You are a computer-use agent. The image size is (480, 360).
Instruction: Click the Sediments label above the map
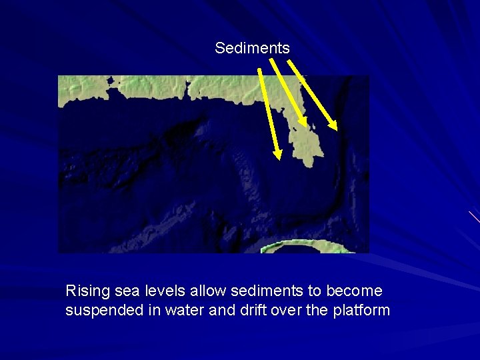pos(252,48)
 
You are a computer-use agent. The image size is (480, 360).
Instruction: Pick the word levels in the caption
pos(161,291)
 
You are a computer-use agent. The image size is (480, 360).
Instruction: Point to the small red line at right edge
pos(474,216)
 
